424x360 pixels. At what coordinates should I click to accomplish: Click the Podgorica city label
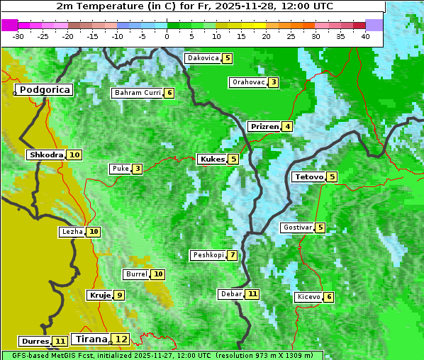pyautogui.click(x=45, y=90)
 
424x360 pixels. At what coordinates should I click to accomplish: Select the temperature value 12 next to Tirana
pyautogui.click(x=122, y=339)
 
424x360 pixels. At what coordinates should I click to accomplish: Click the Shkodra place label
pyautogui.click(x=46, y=154)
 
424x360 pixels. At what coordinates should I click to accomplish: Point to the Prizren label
pyautogui.click(x=264, y=127)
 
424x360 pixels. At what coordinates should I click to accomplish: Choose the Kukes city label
pyautogui.click(x=212, y=159)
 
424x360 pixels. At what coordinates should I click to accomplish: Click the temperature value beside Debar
pyautogui.click(x=252, y=294)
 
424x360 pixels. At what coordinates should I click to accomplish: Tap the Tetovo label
pyautogui.click(x=308, y=176)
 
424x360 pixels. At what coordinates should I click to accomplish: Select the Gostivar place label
pyautogui.click(x=297, y=227)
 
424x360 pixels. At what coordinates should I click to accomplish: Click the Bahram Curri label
pyautogui.click(x=138, y=93)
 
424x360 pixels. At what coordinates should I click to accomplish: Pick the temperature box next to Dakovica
pyautogui.click(x=227, y=58)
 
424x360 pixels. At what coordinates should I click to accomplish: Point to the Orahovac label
pyautogui.click(x=248, y=82)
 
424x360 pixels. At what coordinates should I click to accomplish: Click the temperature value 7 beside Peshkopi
pyautogui.click(x=233, y=255)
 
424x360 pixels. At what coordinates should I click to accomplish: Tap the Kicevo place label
pyautogui.click(x=309, y=297)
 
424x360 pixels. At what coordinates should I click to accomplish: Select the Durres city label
pyautogui.click(x=35, y=342)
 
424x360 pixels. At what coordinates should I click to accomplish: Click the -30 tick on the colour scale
pyautogui.click(x=18, y=36)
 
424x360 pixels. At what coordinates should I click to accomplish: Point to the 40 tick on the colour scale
pyautogui.click(x=365, y=36)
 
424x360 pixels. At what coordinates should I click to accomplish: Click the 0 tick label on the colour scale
pyautogui.click(x=167, y=36)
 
